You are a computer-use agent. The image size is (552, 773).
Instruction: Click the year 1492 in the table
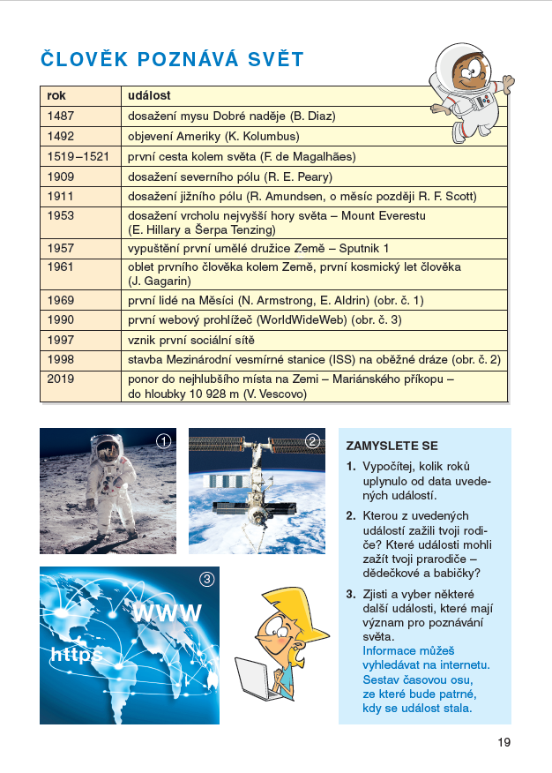pos(62,137)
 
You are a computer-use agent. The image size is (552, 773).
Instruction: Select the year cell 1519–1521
pos(78,156)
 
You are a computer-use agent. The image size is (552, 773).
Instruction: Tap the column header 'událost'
pos(149,95)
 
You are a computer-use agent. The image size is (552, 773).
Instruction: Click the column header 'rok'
pos(57,95)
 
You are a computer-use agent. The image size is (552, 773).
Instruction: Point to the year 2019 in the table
pos(62,379)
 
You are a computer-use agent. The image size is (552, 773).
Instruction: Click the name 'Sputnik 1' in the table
pos(361,249)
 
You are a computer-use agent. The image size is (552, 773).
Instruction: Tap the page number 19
pos(503,742)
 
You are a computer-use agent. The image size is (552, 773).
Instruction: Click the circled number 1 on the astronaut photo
pos(162,441)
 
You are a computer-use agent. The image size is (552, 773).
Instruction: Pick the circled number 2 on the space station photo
pos(312,441)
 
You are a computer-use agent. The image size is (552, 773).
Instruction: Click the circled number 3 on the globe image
pos(206,580)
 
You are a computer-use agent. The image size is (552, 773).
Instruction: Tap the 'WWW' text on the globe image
pos(168,613)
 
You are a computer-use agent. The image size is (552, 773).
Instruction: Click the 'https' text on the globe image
pos(76,655)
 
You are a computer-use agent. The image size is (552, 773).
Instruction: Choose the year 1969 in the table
pos(62,300)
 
